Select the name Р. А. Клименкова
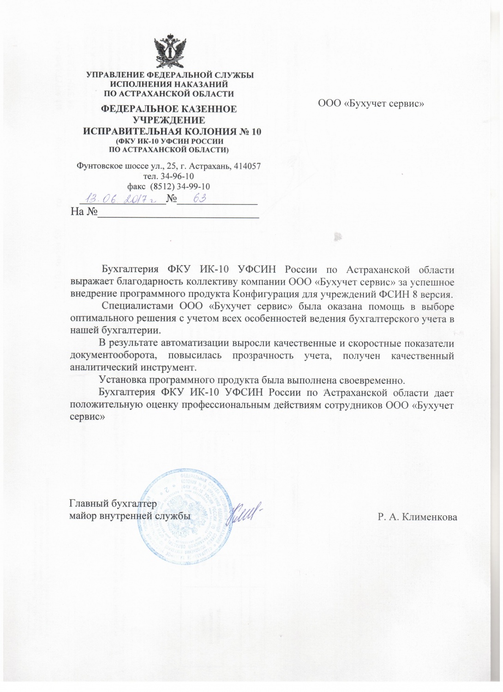417,517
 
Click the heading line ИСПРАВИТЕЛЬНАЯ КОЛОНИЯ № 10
172,131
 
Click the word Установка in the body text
121,381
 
